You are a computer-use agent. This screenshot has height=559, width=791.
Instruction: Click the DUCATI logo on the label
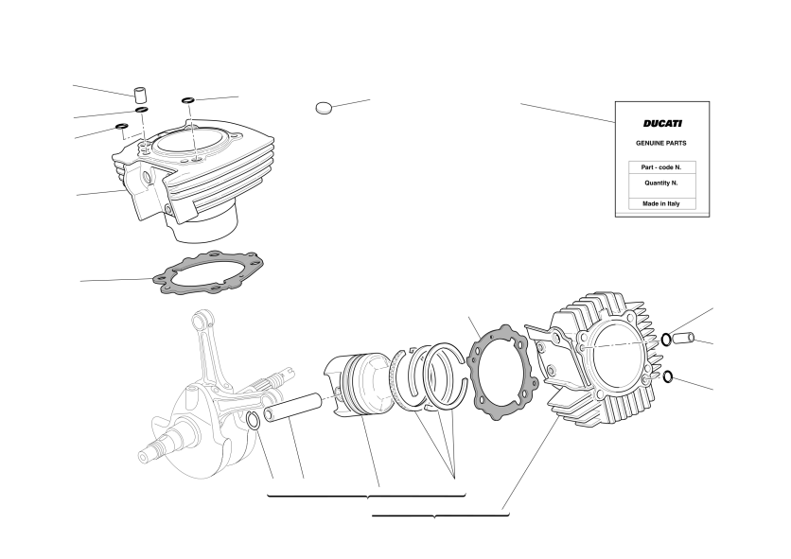(662, 124)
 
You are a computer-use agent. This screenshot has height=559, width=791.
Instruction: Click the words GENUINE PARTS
(660, 143)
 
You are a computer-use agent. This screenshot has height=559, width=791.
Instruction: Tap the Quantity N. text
(660, 183)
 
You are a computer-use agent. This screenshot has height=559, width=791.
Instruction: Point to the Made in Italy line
(660, 203)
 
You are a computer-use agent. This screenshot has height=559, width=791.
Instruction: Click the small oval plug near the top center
(324, 108)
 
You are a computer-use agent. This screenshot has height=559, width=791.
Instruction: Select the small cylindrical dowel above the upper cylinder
(140, 95)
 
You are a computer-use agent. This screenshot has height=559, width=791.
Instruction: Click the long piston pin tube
(292, 408)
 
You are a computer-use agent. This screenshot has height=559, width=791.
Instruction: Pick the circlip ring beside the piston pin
(254, 421)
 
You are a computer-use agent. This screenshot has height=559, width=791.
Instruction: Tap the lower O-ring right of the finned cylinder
(668, 376)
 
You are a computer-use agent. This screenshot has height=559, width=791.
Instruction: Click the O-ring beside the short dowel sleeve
(666, 339)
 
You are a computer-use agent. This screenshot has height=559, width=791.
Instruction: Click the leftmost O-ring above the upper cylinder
(122, 126)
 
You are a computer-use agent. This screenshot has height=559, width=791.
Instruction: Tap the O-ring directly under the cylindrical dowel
(142, 110)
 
